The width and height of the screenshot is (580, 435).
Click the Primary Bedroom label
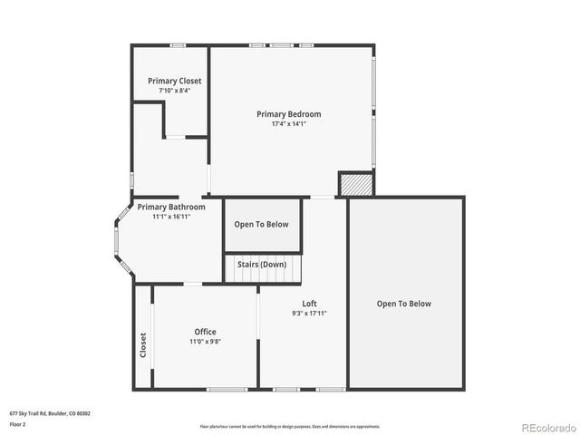pos(288,114)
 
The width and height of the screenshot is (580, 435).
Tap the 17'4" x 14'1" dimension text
pos(288,124)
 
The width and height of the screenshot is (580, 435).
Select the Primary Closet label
pos(175,81)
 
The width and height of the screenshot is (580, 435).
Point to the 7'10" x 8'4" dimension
pos(175,91)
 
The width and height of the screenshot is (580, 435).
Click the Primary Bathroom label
pos(171,207)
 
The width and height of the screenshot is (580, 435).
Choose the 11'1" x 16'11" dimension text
pos(171,217)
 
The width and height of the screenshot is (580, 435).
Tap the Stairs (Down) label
pos(262,264)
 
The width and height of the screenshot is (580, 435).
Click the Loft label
pos(309,304)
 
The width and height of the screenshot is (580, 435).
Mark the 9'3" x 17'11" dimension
pos(309,314)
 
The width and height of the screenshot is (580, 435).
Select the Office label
pos(206,332)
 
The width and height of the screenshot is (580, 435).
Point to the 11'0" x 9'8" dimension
pos(206,342)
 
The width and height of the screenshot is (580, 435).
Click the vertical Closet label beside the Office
pos(143,344)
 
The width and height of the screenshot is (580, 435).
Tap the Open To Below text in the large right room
pos(404,304)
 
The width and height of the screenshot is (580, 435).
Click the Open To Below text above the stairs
pos(261,225)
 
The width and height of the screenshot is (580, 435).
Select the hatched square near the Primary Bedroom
pos(356,184)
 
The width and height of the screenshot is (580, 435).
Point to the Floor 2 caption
pos(18,423)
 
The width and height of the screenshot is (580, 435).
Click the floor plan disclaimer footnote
pos(289,426)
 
